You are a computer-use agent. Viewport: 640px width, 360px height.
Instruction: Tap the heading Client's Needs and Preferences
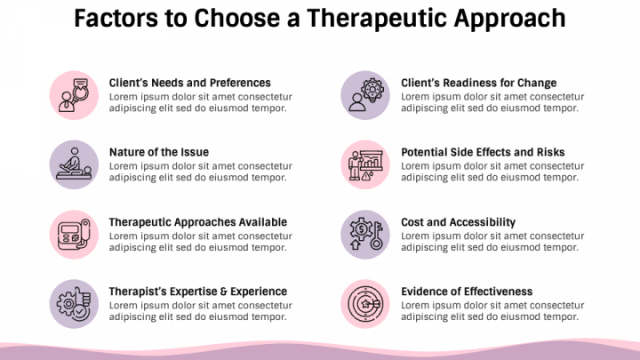[189, 83]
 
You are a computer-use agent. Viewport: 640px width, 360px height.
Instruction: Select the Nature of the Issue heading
[158, 152]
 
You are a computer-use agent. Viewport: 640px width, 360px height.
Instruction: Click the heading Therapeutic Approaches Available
[197, 221]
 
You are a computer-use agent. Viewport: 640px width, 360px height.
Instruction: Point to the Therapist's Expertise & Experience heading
[197, 291]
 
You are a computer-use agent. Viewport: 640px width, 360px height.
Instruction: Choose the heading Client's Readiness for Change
[478, 83]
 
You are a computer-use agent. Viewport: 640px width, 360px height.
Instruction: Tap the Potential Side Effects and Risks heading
[483, 152]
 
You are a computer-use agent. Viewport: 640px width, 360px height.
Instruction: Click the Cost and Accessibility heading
[458, 221]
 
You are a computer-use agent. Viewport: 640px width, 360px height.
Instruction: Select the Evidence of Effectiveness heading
[467, 291]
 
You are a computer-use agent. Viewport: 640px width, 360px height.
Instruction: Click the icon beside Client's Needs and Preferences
[73, 94]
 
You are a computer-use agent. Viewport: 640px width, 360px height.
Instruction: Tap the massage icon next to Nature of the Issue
[73, 164]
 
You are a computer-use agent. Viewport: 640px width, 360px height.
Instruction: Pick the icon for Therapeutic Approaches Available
[73, 233]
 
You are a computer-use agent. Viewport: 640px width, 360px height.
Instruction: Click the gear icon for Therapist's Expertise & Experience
[73, 302]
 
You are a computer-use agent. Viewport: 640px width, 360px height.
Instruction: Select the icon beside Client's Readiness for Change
[364, 94]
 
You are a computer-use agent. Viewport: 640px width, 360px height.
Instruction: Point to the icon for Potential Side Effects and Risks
[364, 164]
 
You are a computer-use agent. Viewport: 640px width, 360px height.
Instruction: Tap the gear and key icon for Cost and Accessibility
[364, 233]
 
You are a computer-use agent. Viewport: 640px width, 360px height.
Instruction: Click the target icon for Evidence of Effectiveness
[364, 302]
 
